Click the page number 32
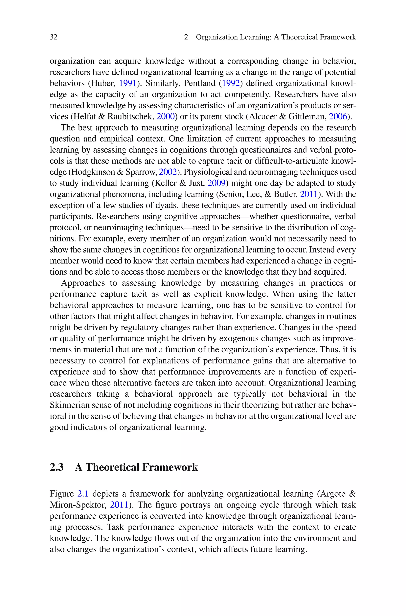point(54,37)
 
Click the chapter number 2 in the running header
point(186,37)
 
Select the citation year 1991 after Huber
point(128,83)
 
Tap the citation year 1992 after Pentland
point(231,83)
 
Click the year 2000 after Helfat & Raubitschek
point(166,117)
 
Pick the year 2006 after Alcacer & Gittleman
point(338,117)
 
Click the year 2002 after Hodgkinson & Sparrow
point(168,172)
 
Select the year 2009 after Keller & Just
point(216,183)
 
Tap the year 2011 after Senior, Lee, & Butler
point(309,194)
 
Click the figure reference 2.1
point(83,494)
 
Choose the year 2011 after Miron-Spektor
point(119,505)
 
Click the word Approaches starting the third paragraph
point(83,283)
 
